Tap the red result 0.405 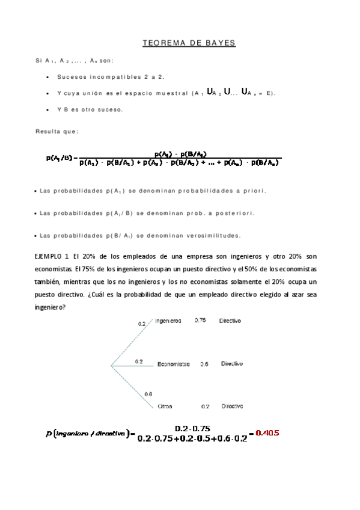(x=267, y=432)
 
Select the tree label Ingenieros (x=168, y=321)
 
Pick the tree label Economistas (x=173, y=364)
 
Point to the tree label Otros (x=165, y=406)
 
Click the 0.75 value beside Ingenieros (x=200, y=321)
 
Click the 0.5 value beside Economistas (x=204, y=364)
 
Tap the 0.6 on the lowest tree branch (x=148, y=394)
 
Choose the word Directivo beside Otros (x=231, y=406)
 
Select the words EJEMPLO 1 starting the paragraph (x=53, y=256)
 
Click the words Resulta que (x=57, y=131)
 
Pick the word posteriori (x=234, y=214)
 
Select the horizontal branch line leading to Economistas (x=132, y=365)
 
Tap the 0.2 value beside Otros (x=205, y=406)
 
